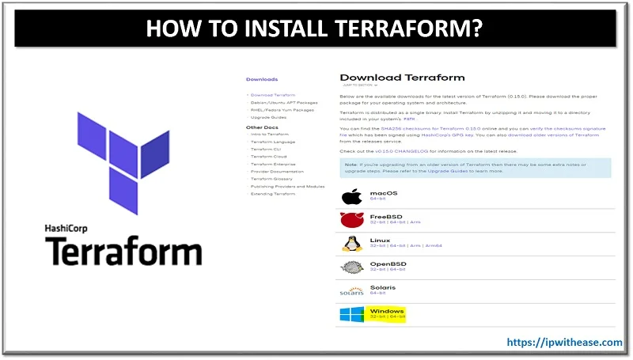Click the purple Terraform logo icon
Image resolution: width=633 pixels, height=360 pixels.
(x=122, y=163)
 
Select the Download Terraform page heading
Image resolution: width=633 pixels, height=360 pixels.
(x=402, y=78)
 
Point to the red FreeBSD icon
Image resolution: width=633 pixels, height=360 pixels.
(x=351, y=220)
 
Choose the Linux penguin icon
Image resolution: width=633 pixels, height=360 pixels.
(x=351, y=243)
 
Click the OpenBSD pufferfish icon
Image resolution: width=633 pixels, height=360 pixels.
(x=351, y=267)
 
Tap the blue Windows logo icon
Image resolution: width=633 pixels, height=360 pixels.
(x=352, y=315)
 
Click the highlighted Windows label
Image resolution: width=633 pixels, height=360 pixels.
(x=387, y=311)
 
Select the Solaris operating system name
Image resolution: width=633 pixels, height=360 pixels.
(x=383, y=287)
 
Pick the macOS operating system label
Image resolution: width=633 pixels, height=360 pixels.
(x=385, y=192)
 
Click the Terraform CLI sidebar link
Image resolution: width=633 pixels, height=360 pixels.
(x=267, y=148)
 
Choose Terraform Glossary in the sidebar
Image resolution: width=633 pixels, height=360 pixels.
(x=272, y=179)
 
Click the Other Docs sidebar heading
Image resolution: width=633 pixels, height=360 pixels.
(x=262, y=127)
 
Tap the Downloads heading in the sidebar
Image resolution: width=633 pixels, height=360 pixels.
(x=262, y=79)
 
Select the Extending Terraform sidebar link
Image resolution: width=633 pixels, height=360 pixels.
(x=274, y=194)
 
